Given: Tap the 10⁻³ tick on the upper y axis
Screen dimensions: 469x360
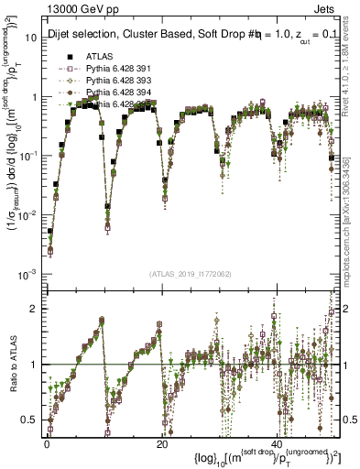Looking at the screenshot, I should [30, 274].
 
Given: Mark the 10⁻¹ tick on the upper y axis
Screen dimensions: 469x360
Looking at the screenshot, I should [30, 156].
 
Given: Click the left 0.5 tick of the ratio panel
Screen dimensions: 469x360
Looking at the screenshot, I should [33, 420].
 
